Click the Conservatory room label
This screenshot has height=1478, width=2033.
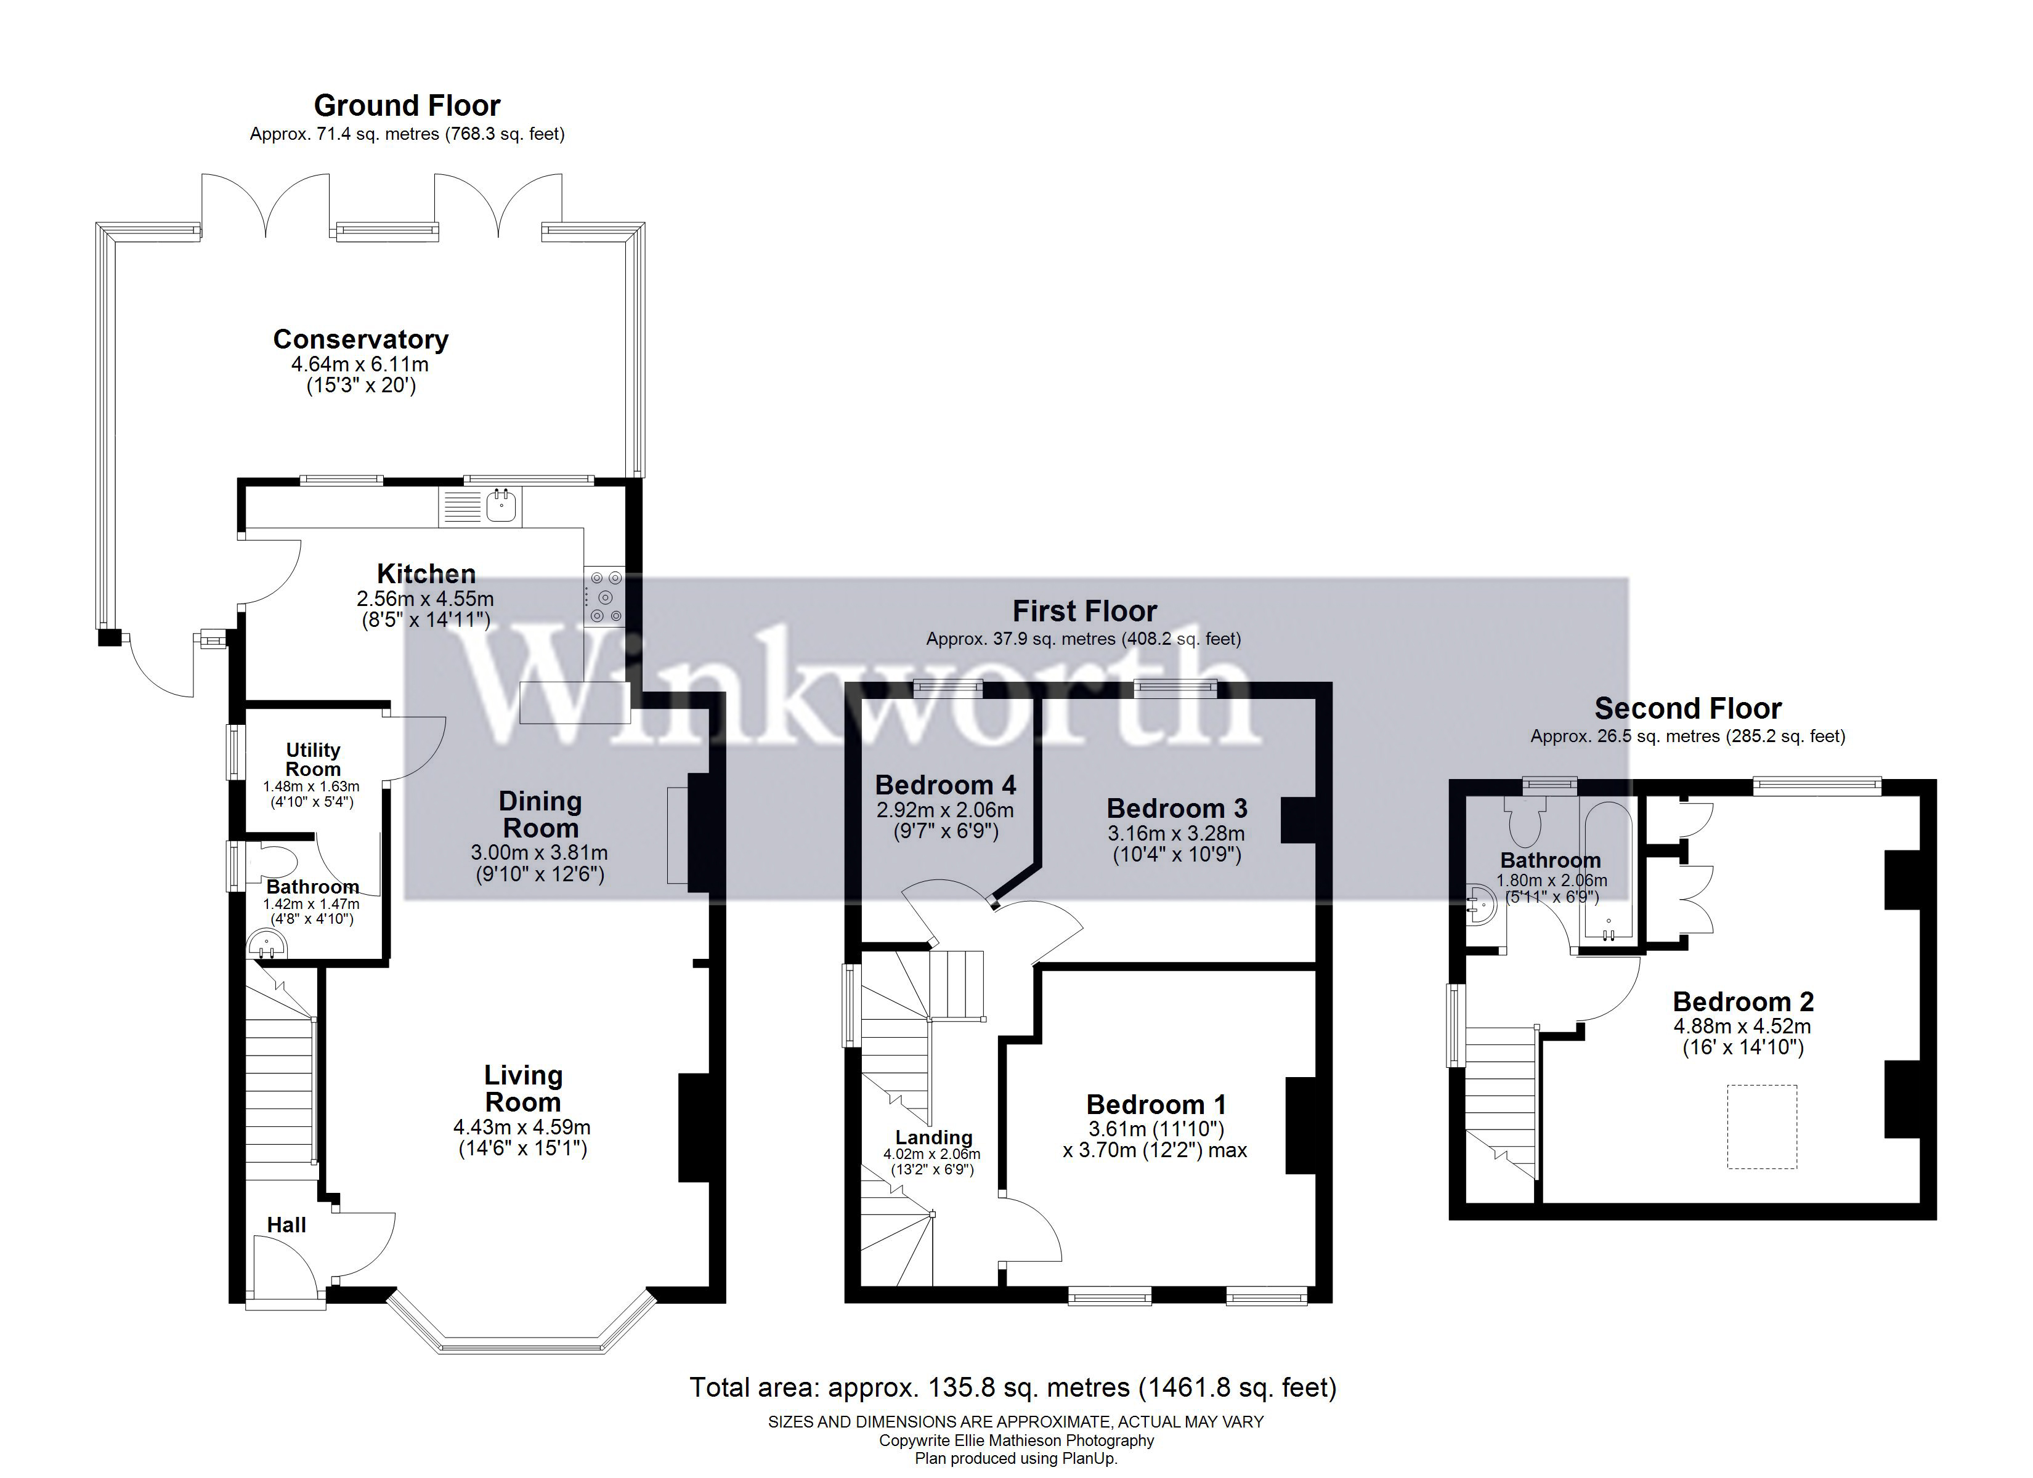click(x=360, y=340)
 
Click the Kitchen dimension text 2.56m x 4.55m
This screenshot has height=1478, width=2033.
click(x=425, y=599)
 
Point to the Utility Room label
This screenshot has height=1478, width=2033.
click(x=313, y=759)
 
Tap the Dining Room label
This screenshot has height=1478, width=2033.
click(x=540, y=815)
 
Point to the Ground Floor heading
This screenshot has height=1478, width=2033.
click(x=407, y=106)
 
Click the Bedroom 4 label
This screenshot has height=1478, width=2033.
click(x=946, y=785)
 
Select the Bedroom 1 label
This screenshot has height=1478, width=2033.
click(x=1156, y=1104)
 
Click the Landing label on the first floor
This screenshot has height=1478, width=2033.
click(x=933, y=1137)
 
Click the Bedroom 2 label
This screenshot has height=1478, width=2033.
click(x=1743, y=1001)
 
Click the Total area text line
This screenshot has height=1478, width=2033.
click(x=1012, y=1387)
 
